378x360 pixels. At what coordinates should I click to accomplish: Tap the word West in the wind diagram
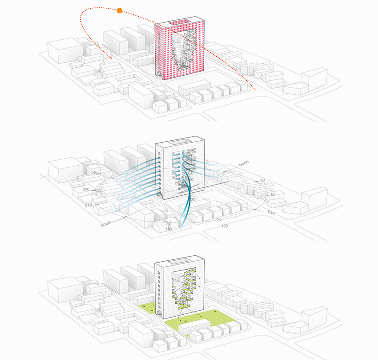tap(97, 173)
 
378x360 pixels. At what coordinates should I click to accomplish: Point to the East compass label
tap(273, 212)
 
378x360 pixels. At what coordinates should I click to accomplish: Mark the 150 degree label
tap(169, 229)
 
